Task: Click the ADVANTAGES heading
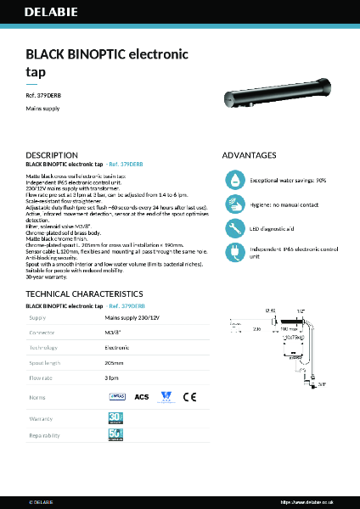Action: (x=249, y=155)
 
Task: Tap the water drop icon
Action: (x=234, y=180)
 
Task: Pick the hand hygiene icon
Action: (x=234, y=204)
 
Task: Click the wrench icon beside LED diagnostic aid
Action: (x=234, y=227)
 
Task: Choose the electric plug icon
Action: (x=234, y=251)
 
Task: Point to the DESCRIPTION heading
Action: (x=52, y=155)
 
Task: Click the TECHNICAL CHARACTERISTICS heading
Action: (x=82, y=294)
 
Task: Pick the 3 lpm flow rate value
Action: (x=111, y=378)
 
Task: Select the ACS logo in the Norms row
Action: (x=142, y=396)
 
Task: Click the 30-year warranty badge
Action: (x=115, y=417)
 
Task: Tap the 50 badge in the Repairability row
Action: (x=115, y=436)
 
